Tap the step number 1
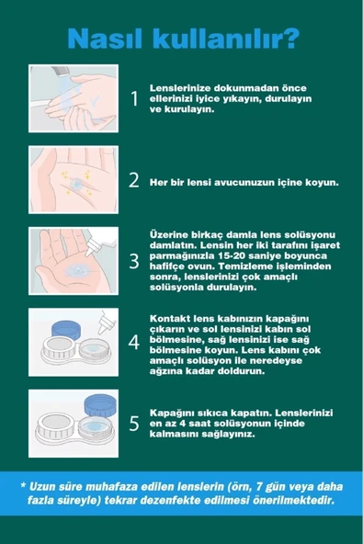coord(134,97)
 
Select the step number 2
coord(134,179)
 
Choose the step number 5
coord(134,423)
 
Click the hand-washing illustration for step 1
coord(73,96)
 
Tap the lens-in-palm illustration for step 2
coord(73,177)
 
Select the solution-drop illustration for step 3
coord(73,259)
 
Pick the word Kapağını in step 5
coord(176,409)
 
